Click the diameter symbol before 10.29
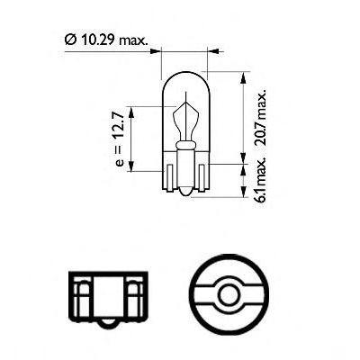pyautogui.click(x=69, y=40)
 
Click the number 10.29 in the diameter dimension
pyautogui.click(x=97, y=40)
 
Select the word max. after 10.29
pyautogui.click(x=133, y=40)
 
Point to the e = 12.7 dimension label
pyautogui.click(x=119, y=139)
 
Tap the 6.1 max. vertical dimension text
pyautogui.click(x=260, y=179)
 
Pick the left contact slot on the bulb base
pyautogui.click(x=170, y=177)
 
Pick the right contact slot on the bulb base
pyautogui.click(x=202, y=177)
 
